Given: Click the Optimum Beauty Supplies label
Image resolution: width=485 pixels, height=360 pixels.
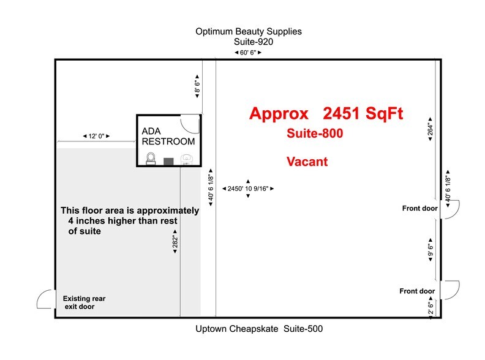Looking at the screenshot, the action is tap(249, 32).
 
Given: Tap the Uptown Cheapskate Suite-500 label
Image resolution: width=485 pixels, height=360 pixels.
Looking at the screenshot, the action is tap(259, 328).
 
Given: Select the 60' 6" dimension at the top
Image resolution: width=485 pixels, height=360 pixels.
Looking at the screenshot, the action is tap(248, 53).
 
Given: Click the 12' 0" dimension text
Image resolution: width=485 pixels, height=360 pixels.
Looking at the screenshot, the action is tap(97, 136).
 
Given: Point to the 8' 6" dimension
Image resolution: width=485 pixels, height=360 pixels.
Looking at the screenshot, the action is tap(197, 86).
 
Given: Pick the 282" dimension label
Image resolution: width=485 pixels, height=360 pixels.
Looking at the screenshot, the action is tap(175, 242).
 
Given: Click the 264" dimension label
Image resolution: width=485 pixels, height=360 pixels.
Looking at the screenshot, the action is tap(430, 129).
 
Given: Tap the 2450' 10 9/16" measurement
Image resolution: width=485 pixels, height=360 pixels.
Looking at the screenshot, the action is tap(248, 189).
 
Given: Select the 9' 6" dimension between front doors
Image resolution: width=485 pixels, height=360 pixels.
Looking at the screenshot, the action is tap(430, 250).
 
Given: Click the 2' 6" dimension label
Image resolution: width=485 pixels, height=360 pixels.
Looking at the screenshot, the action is tap(431, 308).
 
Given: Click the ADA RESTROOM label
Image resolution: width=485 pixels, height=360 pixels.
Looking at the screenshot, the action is tap(168, 136).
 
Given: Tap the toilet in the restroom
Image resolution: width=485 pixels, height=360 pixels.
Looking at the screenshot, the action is tap(151, 159).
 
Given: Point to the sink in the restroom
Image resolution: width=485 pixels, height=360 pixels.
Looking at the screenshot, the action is tap(186, 160).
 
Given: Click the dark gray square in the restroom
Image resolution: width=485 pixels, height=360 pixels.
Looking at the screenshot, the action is tap(168, 161).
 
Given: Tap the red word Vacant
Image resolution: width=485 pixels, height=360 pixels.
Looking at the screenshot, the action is tap(307, 162).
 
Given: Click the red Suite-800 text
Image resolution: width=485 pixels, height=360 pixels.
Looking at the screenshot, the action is tap(315, 133).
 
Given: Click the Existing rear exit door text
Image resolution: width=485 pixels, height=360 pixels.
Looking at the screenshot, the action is tap(84, 302).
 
